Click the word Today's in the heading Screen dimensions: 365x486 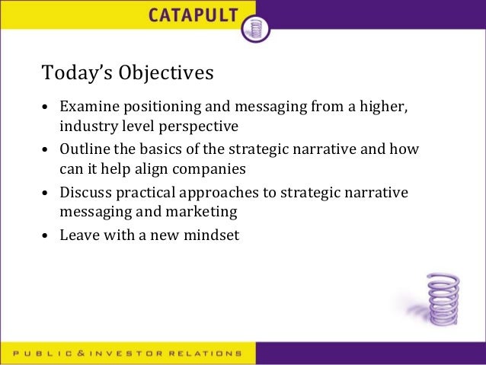point(73,73)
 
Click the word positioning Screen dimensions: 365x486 point(155,107)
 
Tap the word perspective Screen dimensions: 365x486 point(200,125)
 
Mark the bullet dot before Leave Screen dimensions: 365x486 point(46,236)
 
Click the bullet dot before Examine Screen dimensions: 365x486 point(46,108)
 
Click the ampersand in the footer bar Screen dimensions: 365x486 point(78,354)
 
